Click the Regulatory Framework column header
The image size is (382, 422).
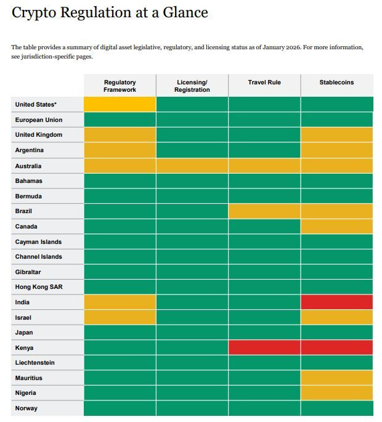[x=120, y=86]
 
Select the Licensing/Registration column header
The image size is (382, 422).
[x=192, y=86]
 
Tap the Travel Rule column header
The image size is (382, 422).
[x=264, y=82]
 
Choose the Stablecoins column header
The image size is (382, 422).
[x=336, y=82]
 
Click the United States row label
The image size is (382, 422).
[x=36, y=105]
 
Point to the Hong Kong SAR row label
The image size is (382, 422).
[x=39, y=287]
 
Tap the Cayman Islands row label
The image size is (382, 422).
[x=38, y=241]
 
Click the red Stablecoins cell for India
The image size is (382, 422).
[x=336, y=302]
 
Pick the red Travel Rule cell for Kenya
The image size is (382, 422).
[x=264, y=347]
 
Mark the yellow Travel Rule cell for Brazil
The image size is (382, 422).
[x=264, y=211]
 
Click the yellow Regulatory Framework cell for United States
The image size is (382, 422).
[x=120, y=105]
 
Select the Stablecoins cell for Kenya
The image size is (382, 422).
[x=336, y=347]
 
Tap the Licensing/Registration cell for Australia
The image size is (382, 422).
[x=192, y=166]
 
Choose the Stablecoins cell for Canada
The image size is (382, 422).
[x=336, y=226]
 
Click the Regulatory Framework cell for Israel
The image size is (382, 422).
[x=120, y=317]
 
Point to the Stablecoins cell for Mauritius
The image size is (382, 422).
[x=336, y=378]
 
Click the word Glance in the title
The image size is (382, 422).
[x=184, y=12]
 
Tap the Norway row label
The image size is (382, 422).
[x=26, y=408]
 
